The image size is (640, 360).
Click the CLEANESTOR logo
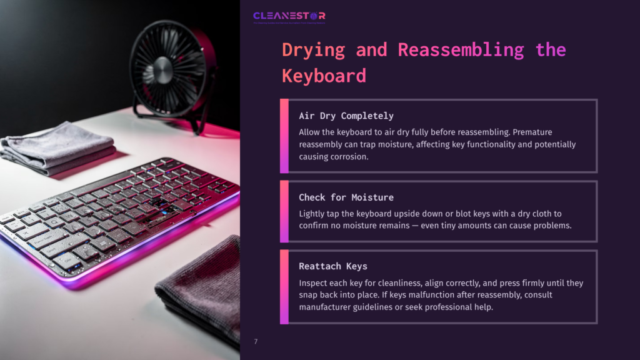[x=289, y=16]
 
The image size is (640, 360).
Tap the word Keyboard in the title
[x=324, y=76]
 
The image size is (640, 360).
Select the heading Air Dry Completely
[x=346, y=116]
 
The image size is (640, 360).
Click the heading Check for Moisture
[x=346, y=197]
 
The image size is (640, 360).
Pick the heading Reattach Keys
[x=332, y=266]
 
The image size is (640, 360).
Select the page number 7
[x=256, y=341]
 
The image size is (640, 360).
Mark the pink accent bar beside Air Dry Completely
[x=284, y=136]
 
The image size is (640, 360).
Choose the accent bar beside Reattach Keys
[x=284, y=287]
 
